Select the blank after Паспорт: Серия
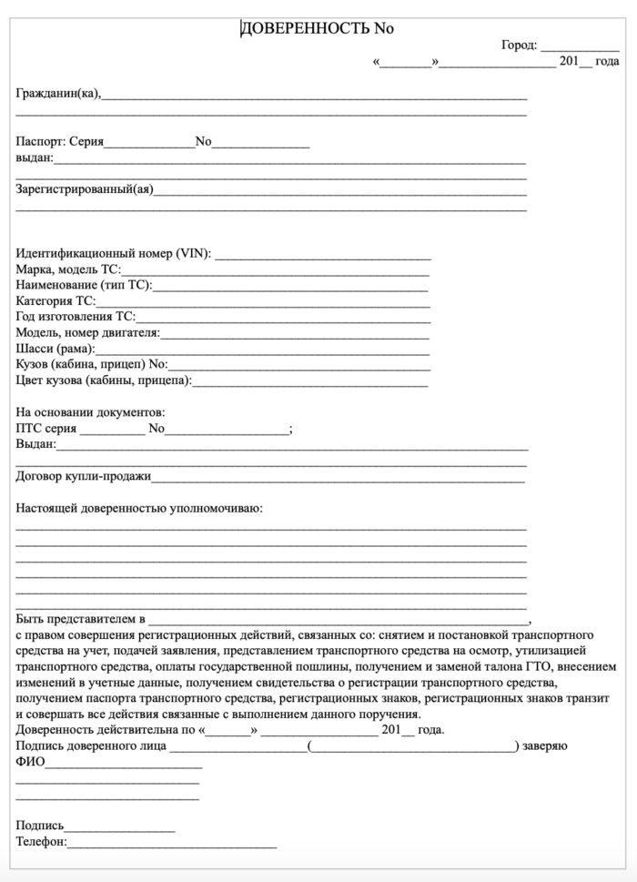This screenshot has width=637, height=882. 149,144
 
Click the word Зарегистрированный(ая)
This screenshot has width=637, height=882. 85,189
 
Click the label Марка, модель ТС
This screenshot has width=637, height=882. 68,269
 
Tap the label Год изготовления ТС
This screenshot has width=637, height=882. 76,317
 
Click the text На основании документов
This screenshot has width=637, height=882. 91,412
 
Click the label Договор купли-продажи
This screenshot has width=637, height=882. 84,475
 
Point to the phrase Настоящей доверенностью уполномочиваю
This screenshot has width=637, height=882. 139,507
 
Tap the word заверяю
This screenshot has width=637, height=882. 545,746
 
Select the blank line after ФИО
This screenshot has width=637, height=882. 123,765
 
